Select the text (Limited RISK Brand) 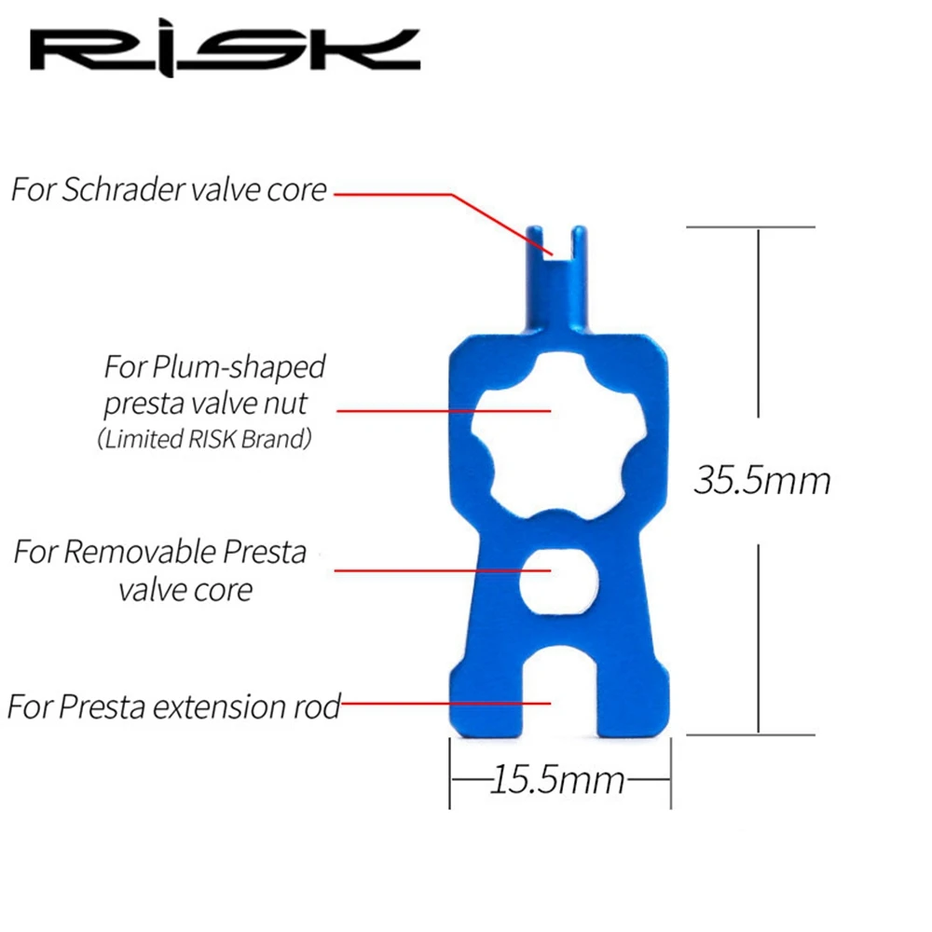204,440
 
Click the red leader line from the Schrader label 401,194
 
